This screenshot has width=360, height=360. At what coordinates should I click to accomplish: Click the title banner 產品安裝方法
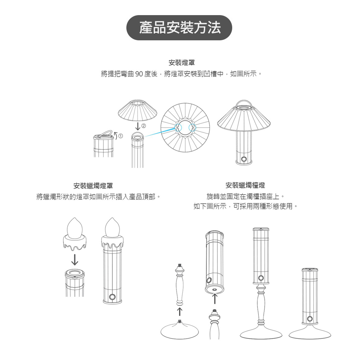point(180,28)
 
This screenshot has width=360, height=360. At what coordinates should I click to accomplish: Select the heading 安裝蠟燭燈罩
point(93,186)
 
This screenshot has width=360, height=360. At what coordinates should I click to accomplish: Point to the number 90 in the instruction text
point(139,75)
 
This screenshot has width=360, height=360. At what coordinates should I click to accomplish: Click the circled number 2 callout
point(144,126)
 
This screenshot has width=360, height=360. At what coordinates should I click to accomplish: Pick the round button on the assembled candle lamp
point(112,297)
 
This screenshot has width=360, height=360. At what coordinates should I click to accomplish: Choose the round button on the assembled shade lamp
point(244,159)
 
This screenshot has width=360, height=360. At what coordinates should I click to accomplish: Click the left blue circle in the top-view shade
point(179,127)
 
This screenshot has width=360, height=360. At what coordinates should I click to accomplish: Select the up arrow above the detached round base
point(179,310)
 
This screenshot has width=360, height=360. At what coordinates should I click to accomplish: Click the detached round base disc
point(179,330)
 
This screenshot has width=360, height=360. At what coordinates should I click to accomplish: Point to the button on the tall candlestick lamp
point(261,278)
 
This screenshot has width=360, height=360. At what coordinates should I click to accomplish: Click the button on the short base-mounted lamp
point(310,319)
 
